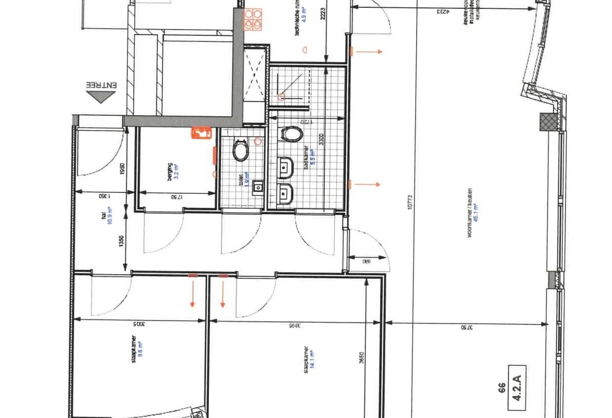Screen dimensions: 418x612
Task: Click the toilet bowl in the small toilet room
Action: (240, 151)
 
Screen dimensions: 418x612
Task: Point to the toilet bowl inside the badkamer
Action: (291, 135)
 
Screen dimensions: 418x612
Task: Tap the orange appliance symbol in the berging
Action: (201, 133)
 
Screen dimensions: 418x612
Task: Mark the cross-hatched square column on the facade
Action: (546, 122)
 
